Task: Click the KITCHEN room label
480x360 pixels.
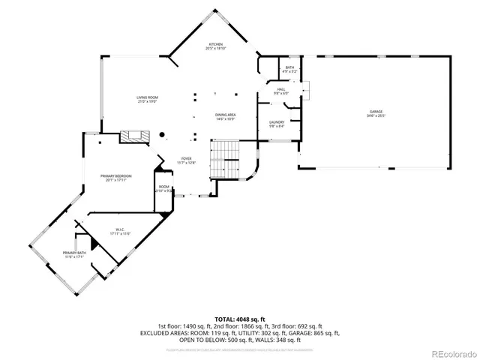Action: pyautogui.click(x=217, y=43)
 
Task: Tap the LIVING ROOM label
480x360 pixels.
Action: pyautogui.click(x=147, y=97)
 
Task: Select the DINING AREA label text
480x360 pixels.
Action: pyautogui.click(x=226, y=115)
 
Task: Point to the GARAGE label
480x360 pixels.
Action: pyautogui.click(x=375, y=111)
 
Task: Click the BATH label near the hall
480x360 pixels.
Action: pyautogui.click(x=290, y=67)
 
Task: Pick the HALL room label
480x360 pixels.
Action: pyautogui.click(x=281, y=89)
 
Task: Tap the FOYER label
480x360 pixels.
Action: pyautogui.click(x=186, y=158)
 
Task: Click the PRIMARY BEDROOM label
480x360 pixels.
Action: pyautogui.click(x=116, y=175)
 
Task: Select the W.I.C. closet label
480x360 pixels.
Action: pyautogui.click(x=120, y=229)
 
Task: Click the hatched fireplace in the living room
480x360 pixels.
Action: pyautogui.click(x=134, y=136)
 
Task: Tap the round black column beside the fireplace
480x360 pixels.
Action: pyautogui.click(x=160, y=135)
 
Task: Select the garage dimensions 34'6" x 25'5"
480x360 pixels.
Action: pyautogui.click(x=375, y=115)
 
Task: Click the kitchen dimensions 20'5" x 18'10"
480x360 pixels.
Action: pyautogui.click(x=217, y=48)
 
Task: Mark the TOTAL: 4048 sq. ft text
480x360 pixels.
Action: pyautogui.click(x=240, y=319)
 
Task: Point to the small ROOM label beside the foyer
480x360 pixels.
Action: pyautogui.click(x=164, y=187)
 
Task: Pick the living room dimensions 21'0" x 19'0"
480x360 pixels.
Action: pyautogui.click(x=147, y=102)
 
